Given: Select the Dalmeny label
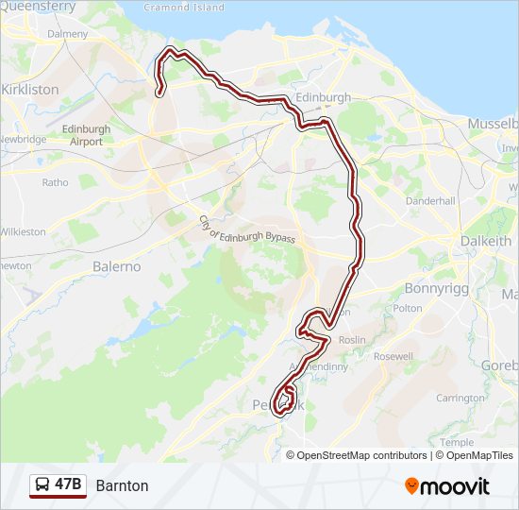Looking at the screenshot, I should (67, 34).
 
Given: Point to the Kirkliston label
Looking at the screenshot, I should (30, 89).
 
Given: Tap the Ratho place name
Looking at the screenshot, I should (55, 182).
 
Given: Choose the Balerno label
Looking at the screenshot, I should (116, 266).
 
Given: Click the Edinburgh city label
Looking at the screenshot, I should (323, 97).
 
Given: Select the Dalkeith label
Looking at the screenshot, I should (485, 241).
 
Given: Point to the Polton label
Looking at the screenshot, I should (408, 308).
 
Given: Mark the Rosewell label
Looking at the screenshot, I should (393, 357).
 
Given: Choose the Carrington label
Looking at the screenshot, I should (460, 399).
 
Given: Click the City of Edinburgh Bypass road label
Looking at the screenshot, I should (246, 229).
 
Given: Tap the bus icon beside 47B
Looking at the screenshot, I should (42, 485).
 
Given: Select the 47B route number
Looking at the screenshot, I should (68, 485).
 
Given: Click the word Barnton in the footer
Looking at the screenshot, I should (122, 485).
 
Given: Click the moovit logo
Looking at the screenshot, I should (447, 486).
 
